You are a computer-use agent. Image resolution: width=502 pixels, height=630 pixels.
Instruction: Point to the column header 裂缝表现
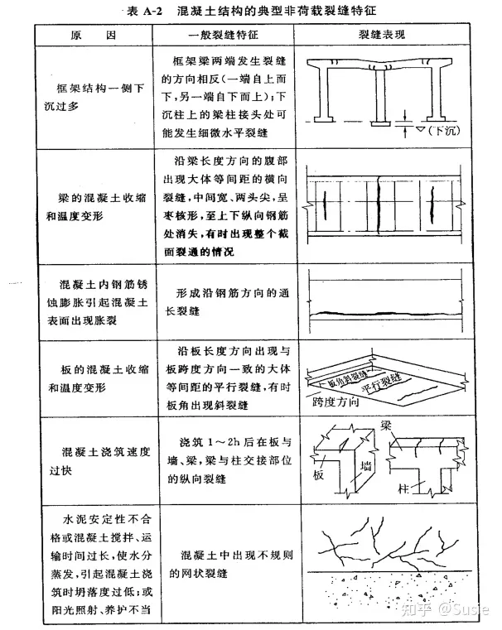[x=385, y=36]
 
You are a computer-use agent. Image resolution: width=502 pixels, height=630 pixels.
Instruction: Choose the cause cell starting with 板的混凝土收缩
[x=99, y=378]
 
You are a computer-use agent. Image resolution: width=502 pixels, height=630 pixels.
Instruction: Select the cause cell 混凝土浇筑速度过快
[x=99, y=459]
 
